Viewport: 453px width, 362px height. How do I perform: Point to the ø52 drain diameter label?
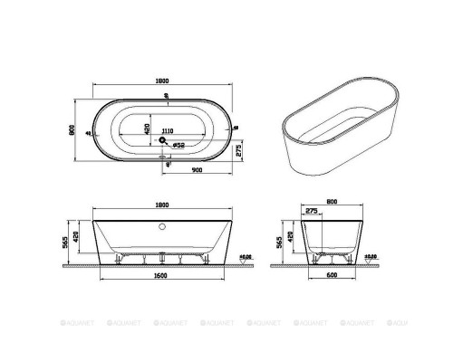click(179, 143)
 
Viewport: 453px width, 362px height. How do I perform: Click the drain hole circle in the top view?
click(165, 142)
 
